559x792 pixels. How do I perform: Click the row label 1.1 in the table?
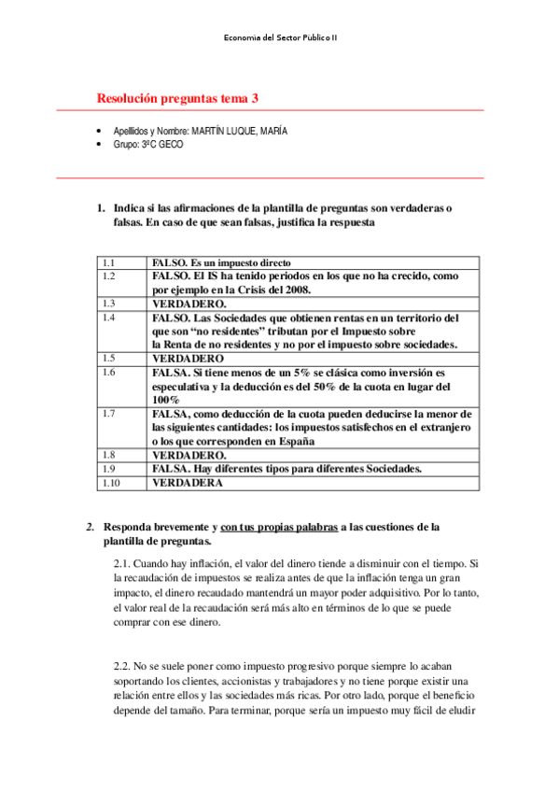[x=108, y=263]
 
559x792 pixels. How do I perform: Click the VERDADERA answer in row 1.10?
[x=188, y=483]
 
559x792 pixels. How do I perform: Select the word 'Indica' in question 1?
[x=132, y=207]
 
